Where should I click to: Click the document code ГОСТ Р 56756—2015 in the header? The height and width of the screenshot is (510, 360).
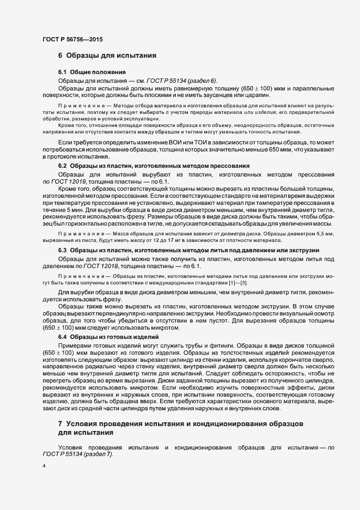[72, 39]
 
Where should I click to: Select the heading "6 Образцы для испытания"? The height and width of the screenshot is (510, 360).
[107, 56]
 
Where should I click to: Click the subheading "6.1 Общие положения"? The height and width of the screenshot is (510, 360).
[92, 72]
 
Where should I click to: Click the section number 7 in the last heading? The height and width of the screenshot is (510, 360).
[60, 423]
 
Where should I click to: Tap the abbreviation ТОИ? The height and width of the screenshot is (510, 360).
[192, 142]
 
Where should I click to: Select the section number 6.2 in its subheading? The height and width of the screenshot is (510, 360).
[63, 165]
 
